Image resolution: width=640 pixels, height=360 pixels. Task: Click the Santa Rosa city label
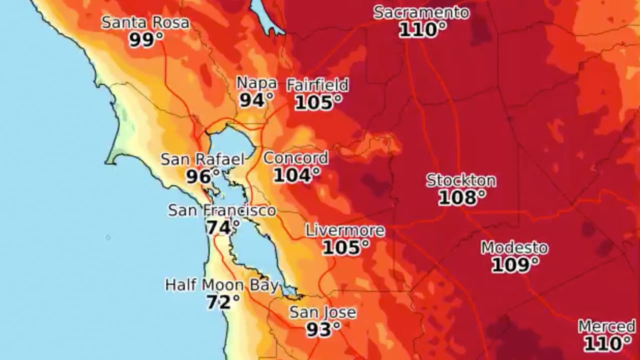click(x=145, y=22)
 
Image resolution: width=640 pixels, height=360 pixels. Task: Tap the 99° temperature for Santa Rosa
click(x=145, y=39)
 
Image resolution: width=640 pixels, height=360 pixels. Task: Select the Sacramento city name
click(x=421, y=12)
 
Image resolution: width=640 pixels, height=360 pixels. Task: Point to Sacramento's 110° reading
click(x=422, y=30)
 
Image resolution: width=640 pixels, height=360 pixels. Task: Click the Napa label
click(x=256, y=83)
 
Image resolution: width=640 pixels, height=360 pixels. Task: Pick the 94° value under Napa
click(x=256, y=100)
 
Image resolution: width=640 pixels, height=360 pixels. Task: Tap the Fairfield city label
click(x=317, y=85)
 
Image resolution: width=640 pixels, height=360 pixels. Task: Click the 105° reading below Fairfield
click(x=318, y=102)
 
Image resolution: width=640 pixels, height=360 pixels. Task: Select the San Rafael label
click(x=202, y=159)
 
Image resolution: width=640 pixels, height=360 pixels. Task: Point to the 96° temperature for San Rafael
click(x=202, y=176)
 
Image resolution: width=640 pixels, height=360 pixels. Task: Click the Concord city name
click(x=295, y=158)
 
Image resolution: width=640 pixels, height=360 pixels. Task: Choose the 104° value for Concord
click(x=296, y=175)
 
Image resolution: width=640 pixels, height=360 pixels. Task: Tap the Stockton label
click(x=461, y=180)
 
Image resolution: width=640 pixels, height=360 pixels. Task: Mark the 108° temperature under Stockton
click(x=461, y=197)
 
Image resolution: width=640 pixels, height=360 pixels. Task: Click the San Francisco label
click(x=221, y=210)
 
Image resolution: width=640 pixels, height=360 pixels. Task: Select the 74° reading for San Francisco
click(x=222, y=227)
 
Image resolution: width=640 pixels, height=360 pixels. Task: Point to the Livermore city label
click(x=345, y=230)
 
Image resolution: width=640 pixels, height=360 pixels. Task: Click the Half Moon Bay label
click(x=221, y=285)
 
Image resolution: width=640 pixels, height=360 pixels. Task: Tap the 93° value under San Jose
click(x=323, y=329)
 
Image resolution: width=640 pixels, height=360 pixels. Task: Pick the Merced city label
click(x=607, y=327)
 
